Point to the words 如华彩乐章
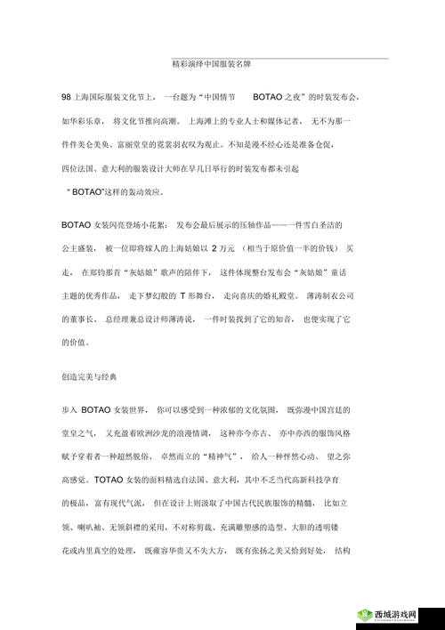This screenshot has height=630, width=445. click(80, 119)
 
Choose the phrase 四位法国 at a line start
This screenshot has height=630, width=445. click(80, 167)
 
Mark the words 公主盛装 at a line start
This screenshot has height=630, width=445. click(77, 247)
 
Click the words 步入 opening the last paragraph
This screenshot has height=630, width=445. click(69, 408)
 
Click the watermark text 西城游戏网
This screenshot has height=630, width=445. click(397, 614)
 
